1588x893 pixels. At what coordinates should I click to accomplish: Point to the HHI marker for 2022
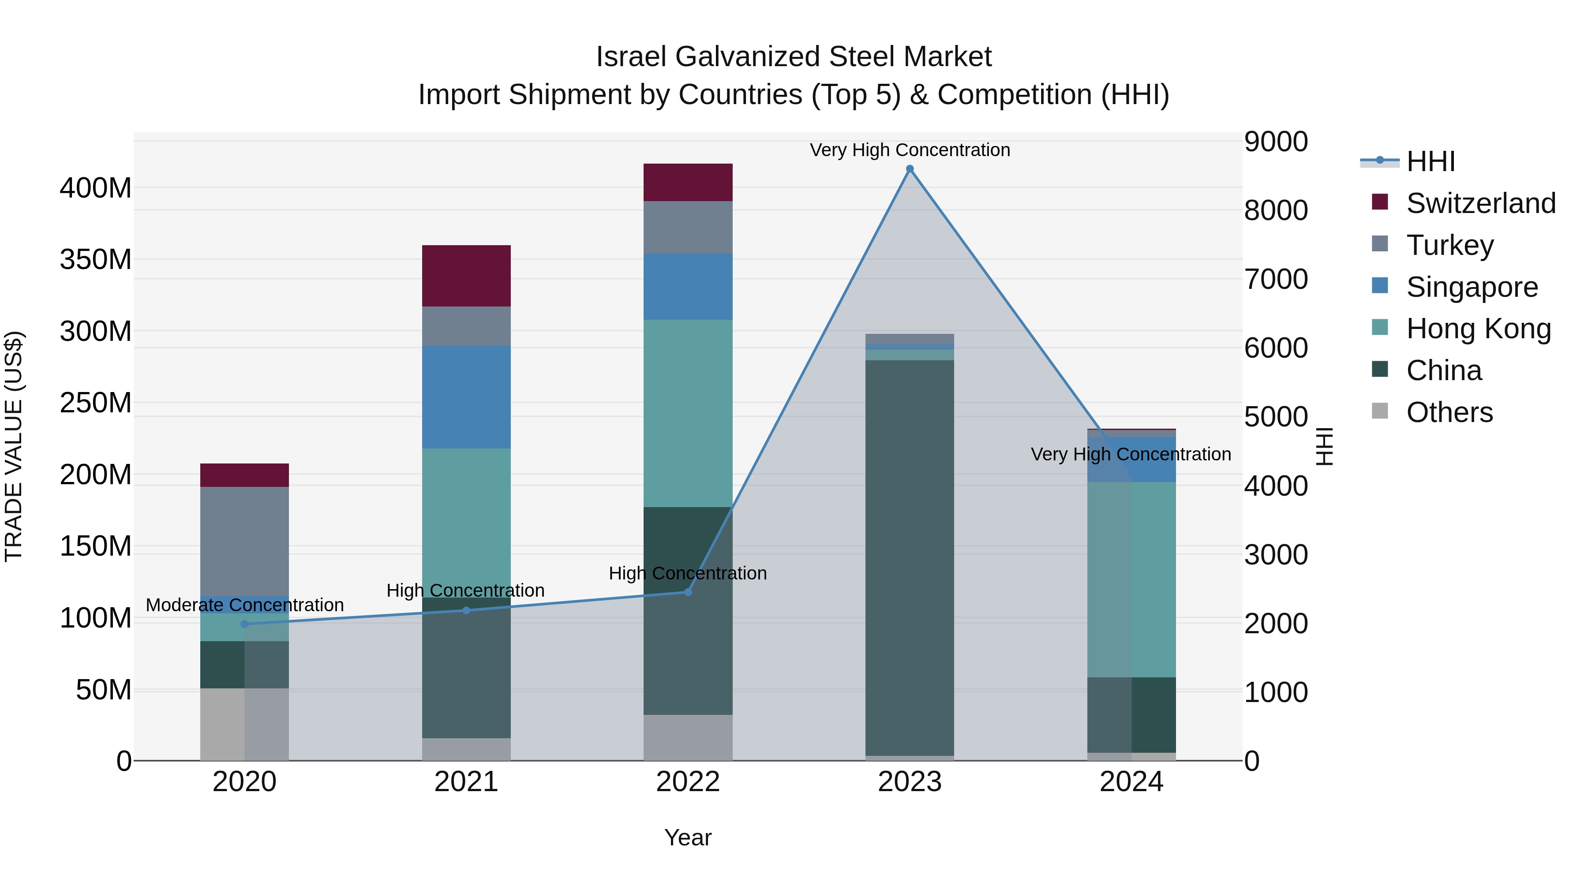click(688, 592)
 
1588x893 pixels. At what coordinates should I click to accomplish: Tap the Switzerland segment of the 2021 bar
click(466, 276)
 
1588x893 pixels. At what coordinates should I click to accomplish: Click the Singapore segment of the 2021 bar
click(466, 397)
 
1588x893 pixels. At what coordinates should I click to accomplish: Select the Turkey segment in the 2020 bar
click(245, 541)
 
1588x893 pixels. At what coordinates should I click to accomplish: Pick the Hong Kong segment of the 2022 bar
click(688, 413)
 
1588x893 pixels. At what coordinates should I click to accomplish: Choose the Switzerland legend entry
click(1480, 203)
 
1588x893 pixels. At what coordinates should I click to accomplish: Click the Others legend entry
click(1449, 412)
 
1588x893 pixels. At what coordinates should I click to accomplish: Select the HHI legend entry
click(1430, 161)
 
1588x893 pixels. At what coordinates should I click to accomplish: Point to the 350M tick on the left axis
click(96, 259)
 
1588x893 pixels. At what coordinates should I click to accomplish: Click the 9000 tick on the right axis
click(1275, 142)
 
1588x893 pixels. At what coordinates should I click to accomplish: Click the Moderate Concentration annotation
click(245, 605)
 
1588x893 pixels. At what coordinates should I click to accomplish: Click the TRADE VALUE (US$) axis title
click(14, 446)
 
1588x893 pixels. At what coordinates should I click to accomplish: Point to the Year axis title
click(688, 837)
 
